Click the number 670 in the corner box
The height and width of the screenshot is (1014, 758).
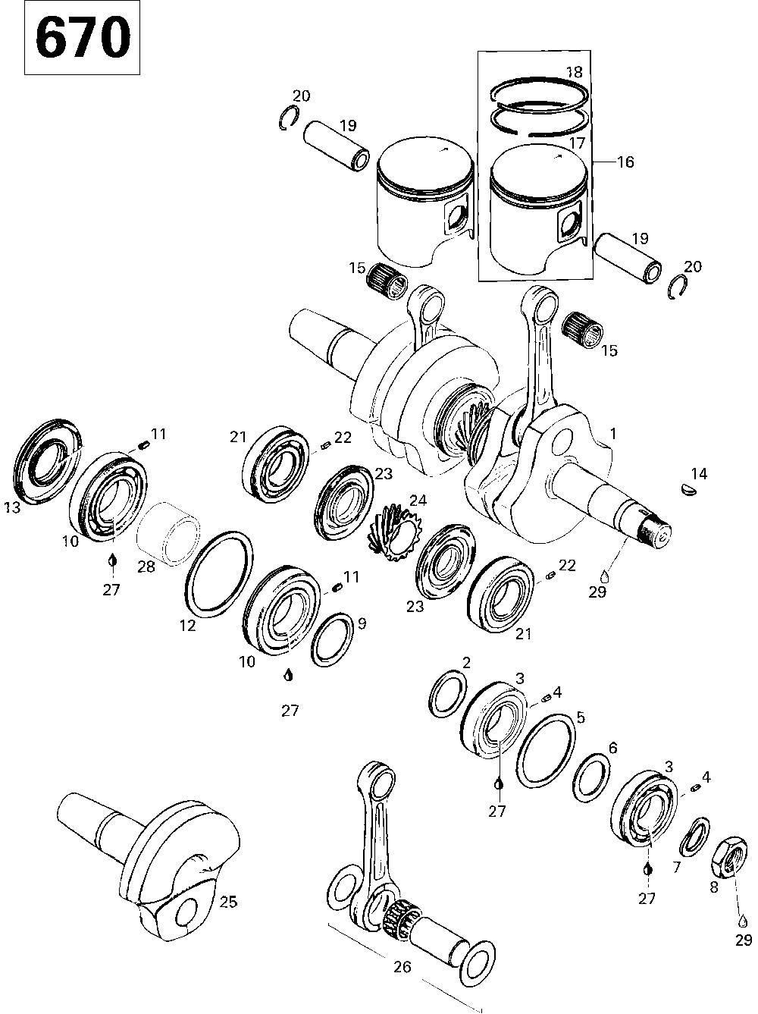pos(83,39)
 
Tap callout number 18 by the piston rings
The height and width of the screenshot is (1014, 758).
pos(574,73)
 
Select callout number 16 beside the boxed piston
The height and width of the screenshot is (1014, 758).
pos(625,162)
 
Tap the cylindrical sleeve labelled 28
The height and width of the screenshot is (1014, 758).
pos(171,533)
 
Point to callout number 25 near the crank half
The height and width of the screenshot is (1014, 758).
pos(227,902)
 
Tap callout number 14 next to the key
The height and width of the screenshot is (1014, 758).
pos(698,474)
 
